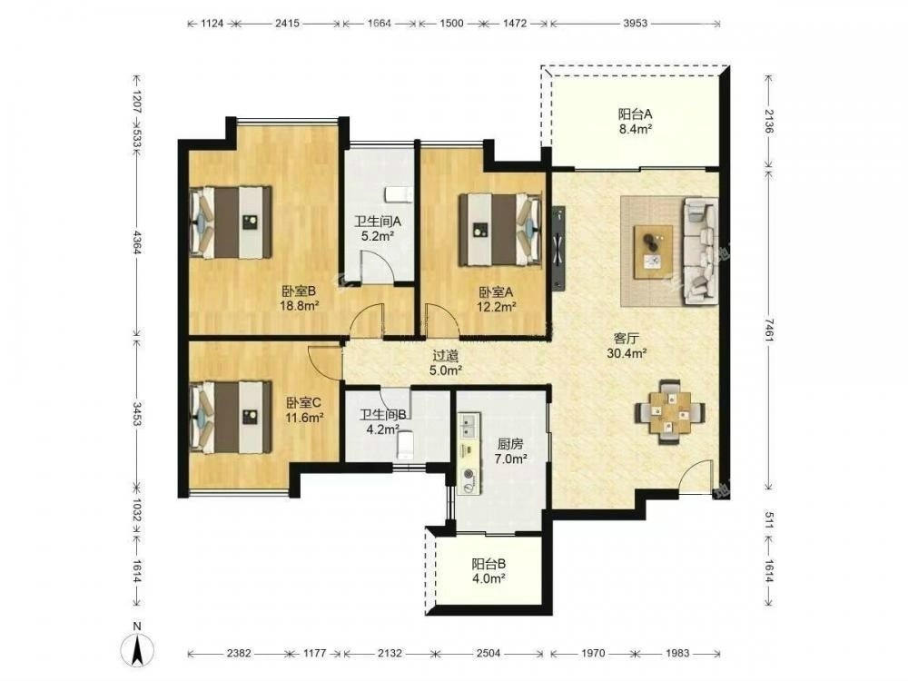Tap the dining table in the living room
tap(670, 411)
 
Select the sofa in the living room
tap(700, 251)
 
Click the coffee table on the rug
tap(653, 252)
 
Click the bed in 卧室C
tap(231, 417)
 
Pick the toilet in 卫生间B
tap(405, 445)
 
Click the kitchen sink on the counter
tap(468, 424)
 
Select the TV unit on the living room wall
tap(558, 248)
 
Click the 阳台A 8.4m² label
tap(636, 122)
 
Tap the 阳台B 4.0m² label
tap(489, 570)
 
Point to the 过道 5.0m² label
tap(445, 363)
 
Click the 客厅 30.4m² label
tap(627, 346)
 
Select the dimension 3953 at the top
tap(636, 24)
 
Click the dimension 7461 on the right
tap(768, 331)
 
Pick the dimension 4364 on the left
tap(137, 242)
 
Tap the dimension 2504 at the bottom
tap(489, 653)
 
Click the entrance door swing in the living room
tap(695, 476)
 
